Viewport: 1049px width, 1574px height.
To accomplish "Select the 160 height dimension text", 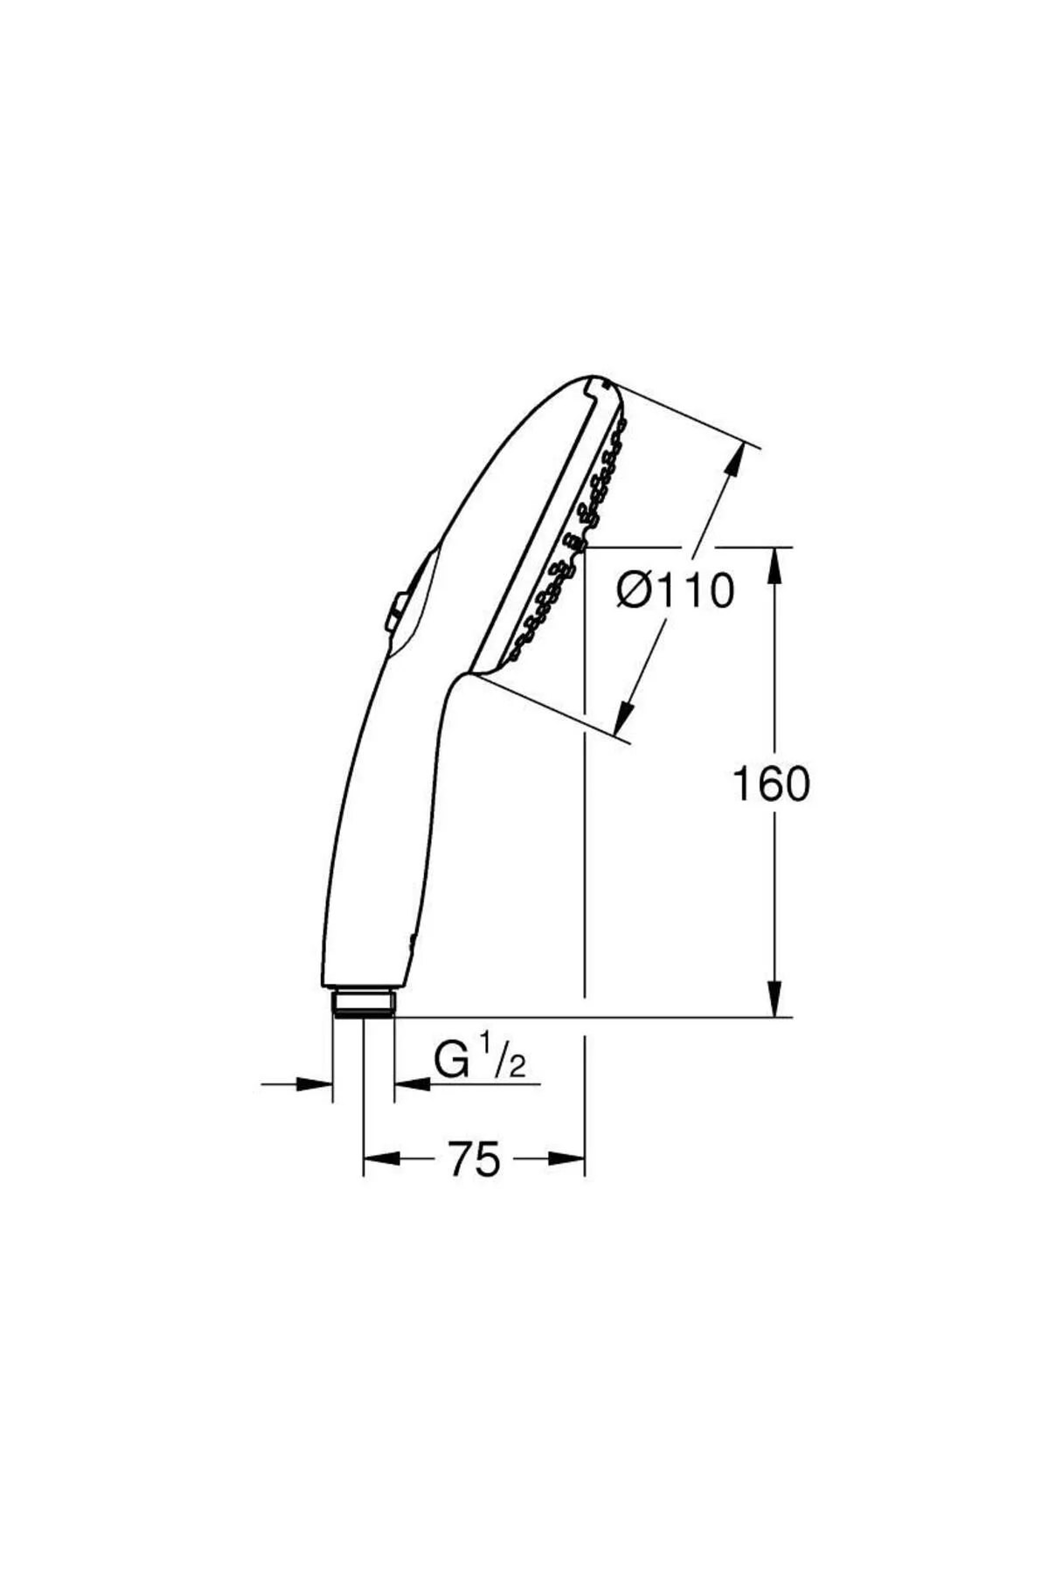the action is tap(770, 784).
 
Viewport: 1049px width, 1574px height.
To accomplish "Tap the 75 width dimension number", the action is tap(475, 1160).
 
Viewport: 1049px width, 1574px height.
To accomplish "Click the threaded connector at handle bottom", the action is tap(364, 1002).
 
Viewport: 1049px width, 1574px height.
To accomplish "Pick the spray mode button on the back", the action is tap(395, 611).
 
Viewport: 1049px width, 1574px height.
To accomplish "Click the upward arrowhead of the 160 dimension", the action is tap(775, 567).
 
